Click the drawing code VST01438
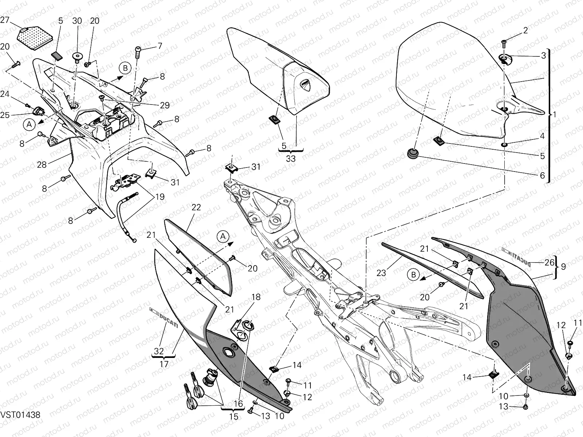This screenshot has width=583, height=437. point(20,415)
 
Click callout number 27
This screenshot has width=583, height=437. point(5,20)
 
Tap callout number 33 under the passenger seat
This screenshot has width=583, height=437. point(291,158)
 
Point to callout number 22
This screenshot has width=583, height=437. point(196,207)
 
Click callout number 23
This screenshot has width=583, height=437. point(381,272)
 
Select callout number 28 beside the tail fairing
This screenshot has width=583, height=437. point(42,165)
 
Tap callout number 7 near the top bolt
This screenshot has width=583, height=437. point(159,46)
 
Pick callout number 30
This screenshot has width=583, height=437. point(77,21)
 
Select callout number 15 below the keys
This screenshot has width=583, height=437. point(234,416)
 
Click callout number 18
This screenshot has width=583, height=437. point(256,297)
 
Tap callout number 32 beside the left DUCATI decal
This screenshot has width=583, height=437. point(159,351)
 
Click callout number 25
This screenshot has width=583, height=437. point(5,115)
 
